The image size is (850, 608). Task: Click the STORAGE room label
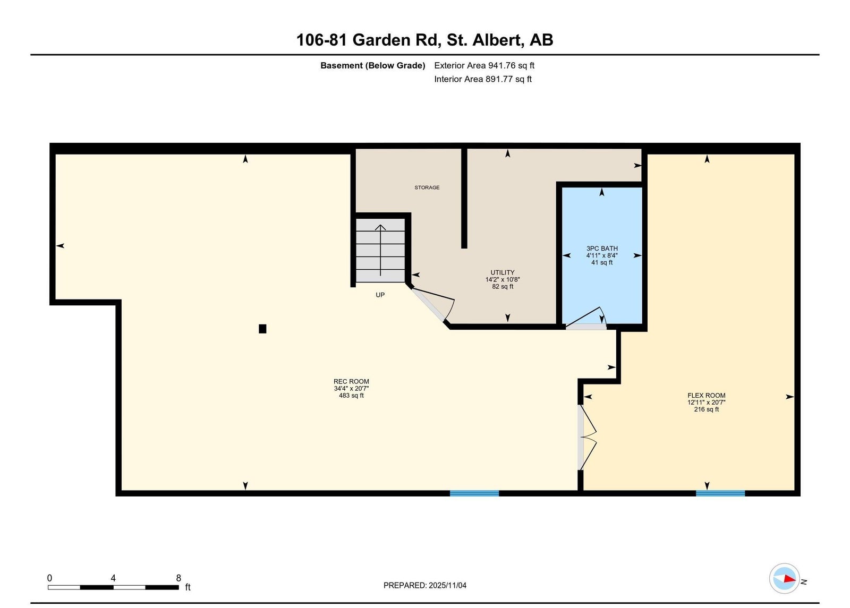[427, 187]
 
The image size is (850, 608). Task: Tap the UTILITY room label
[503, 272]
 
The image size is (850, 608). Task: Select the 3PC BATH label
[602, 249]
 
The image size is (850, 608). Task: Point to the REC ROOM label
[351, 382]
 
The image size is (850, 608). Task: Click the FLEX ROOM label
[706, 395]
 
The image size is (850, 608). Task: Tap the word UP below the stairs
[380, 295]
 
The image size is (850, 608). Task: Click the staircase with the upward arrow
[380, 250]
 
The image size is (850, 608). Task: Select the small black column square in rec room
[262, 329]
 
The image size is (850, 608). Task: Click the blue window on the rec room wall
[474, 493]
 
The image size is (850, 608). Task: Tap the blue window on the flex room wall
[720, 493]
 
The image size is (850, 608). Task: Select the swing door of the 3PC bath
[586, 318]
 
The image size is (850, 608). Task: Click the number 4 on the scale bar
[113, 578]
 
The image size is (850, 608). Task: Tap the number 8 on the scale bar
[178, 578]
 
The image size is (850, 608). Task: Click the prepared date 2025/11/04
[447, 585]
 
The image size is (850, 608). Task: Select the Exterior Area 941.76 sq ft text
[484, 65]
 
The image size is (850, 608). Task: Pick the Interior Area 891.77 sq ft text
[483, 79]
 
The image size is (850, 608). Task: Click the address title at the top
[424, 40]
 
